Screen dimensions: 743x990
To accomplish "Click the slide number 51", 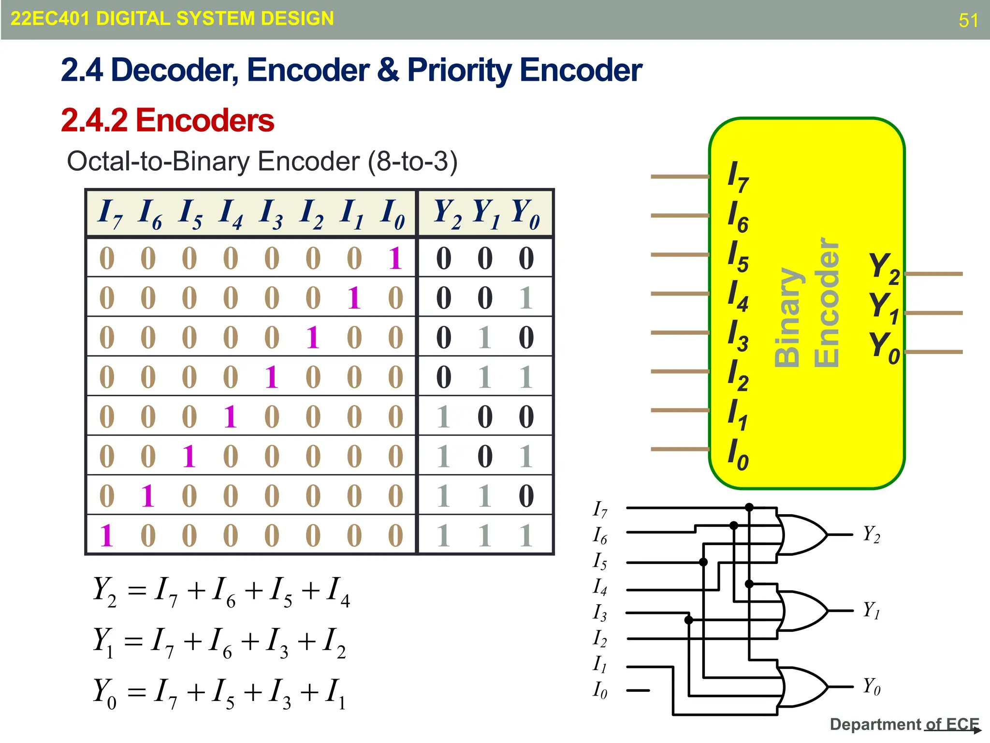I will click(968, 20).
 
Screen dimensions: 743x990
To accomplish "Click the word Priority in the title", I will click(459, 71).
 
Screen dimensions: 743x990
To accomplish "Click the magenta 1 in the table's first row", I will click(395, 258).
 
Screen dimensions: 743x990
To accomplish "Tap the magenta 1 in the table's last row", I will click(106, 535).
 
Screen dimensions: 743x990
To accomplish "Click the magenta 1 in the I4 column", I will click(230, 416).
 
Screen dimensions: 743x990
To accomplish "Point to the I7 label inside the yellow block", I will click(738, 177).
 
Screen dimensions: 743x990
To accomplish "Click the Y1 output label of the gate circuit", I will click(872, 610).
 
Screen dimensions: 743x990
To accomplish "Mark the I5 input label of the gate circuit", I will click(600, 561).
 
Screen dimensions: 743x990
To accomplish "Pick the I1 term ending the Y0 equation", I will click(335, 693).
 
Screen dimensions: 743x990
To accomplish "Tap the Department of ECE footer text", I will click(903, 724).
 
